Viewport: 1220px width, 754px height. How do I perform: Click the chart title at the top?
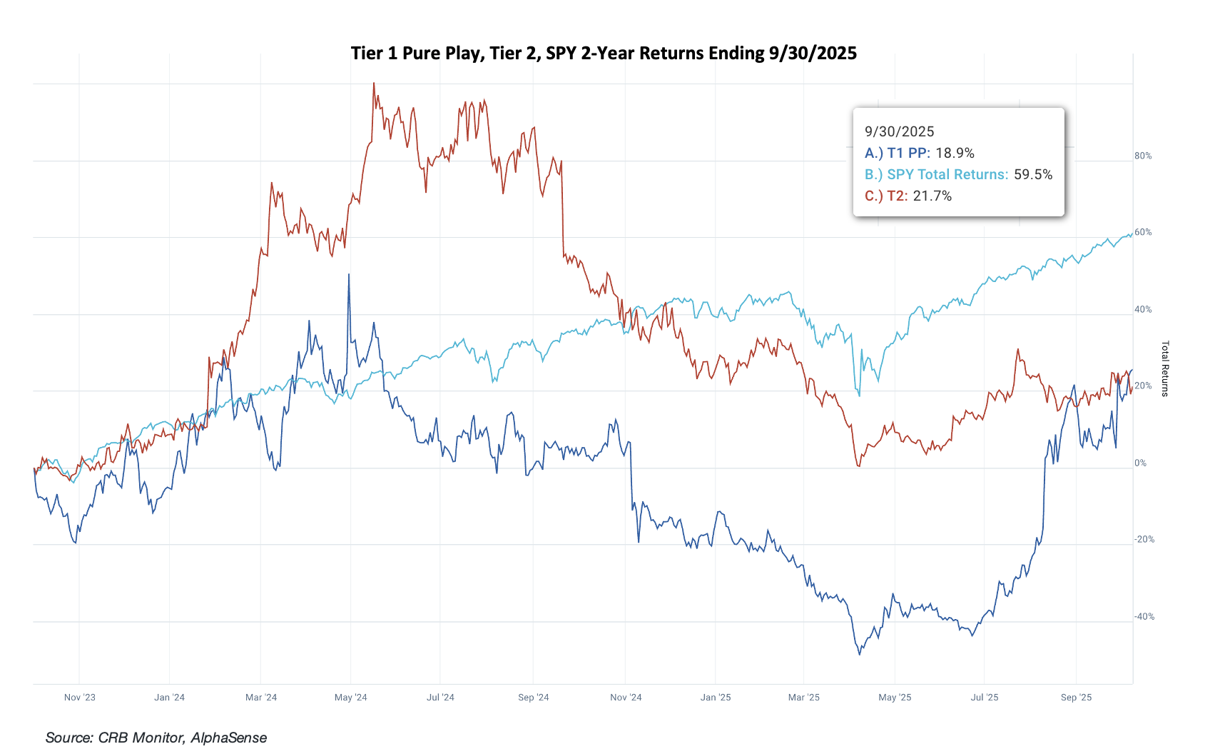[604, 54]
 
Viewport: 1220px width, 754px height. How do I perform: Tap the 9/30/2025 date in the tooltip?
[899, 131]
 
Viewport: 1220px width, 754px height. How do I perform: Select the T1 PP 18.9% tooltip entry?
[919, 153]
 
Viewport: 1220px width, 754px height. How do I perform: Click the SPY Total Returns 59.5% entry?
[958, 174]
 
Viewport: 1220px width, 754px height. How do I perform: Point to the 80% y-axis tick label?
[1143, 156]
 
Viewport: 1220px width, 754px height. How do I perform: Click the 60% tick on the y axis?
[1143, 232]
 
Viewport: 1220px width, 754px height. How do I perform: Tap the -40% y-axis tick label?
[1144, 616]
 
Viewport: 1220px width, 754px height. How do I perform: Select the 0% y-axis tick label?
[1140, 463]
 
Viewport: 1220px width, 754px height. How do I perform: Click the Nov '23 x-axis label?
[79, 697]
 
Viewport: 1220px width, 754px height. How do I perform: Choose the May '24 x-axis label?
[350, 697]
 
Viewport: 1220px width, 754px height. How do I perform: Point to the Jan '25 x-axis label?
[716, 697]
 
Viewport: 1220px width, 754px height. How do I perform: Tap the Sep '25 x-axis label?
[1076, 697]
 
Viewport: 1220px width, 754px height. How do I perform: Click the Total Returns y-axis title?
[1165, 368]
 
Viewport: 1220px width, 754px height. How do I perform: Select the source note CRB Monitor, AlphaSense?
[156, 738]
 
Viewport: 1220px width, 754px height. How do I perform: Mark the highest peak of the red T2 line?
[374, 84]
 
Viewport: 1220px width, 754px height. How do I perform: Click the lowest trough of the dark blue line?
[859, 654]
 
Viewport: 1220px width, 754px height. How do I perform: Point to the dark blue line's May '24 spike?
[349, 275]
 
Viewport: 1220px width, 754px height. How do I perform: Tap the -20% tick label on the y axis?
[1144, 539]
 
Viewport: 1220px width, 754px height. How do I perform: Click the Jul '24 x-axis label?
[440, 697]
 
